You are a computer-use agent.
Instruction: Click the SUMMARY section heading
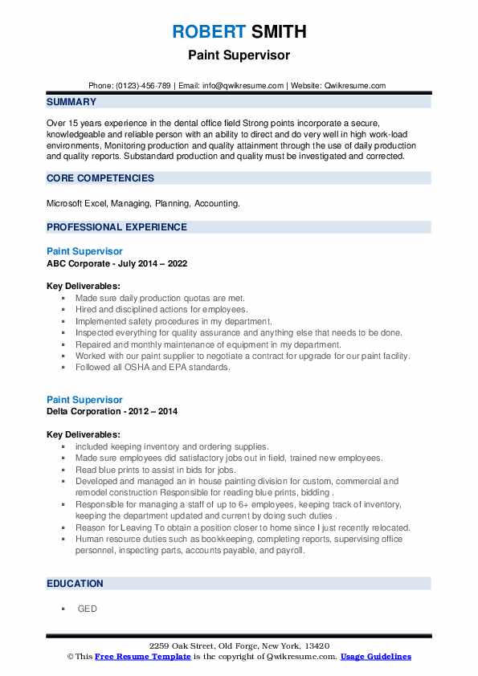[x=71, y=102]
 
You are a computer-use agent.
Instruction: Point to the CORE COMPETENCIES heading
[x=100, y=177]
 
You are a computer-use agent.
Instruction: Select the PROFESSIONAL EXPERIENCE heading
[x=116, y=227]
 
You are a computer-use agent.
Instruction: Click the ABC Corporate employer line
[x=116, y=263]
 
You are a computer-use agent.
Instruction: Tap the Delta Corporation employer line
[x=112, y=411]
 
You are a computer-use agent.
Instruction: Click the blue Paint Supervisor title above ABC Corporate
[x=84, y=251]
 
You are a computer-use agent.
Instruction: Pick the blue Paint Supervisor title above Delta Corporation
[x=84, y=400]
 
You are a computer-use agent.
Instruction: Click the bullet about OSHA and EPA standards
[x=153, y=367]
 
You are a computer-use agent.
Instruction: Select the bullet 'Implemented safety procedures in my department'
[x=174, y=320]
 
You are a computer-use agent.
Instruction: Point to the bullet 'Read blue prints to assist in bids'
[x=156, y=470]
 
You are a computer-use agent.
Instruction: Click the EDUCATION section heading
[x=75, y=584]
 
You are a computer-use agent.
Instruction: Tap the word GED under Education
[x=88, y=609]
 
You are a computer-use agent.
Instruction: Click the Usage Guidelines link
[x=375, y=657]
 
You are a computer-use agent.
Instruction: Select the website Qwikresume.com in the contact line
[x=356, y=86]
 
